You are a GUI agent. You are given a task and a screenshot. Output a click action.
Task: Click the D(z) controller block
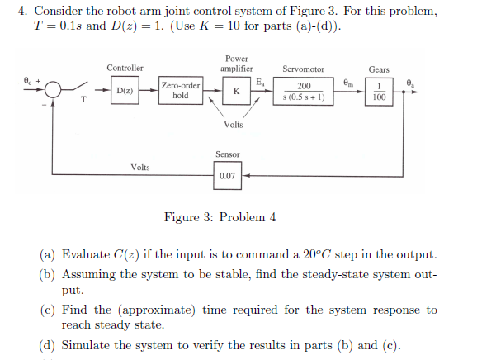pyautogui.click(x=125, y=90)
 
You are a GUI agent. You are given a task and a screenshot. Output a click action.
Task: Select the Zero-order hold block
pyautogui.click(x=181, y=90)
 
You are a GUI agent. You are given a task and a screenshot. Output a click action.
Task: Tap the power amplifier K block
pyautogui.click(x=236, y=91)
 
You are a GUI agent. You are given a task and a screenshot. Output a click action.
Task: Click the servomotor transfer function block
pyautogui.click(x=303, y=91)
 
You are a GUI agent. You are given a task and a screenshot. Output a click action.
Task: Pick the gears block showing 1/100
pyautogui.click(x=378, y=91)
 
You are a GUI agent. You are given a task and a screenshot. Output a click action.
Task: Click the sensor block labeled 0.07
pyautogui.click(x=227, y=175)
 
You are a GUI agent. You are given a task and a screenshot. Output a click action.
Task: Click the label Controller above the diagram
pyautogui.click(x=125, y=68)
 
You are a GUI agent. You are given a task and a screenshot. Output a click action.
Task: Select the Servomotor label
pyautogui.click(x=303, y=69)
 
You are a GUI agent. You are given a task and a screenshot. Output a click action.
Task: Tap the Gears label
pyautogui.click(x=379, y=69)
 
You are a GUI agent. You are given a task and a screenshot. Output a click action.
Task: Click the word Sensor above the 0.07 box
pyautogui.click(x=227, y=154)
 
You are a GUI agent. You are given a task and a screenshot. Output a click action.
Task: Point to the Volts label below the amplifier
pyautogui.click(x=234, y=125)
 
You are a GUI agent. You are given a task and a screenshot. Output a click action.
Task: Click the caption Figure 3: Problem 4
pyautogui.click(x=220, y=217)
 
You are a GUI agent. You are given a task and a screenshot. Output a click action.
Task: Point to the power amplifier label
pyautogui.click(x=236, y=64)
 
